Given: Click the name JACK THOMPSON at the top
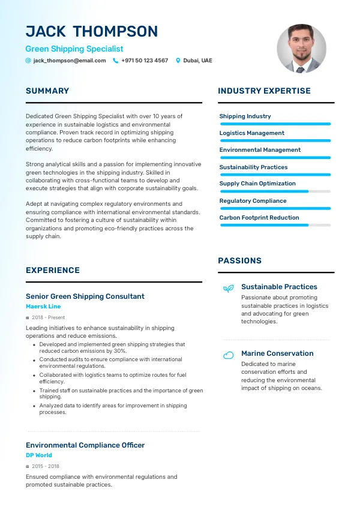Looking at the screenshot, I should tap(92, 32).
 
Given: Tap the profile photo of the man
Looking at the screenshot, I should tap(301, 49).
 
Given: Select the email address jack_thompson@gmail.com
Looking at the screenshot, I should tap(70, 61).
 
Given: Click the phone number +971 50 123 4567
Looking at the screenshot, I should tap(145, 61).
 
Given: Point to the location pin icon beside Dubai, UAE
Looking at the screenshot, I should tap(178, 61).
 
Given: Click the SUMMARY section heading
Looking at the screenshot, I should tap(47, 91).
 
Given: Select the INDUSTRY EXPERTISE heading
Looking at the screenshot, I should tap(264, 91).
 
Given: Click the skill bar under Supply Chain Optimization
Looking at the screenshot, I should tap(275, 191).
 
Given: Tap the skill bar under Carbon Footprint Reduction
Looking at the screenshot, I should tap(275, 225).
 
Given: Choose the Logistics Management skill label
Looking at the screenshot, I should tap(252, 133).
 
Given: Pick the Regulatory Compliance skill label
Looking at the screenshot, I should tap(253, 201).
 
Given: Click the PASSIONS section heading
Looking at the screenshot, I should tap(239, 261).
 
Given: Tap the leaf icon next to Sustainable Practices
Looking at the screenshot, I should tap(228, 289).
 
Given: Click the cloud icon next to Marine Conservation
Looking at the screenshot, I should tap(228, 355).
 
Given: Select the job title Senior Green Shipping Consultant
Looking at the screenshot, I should tap(85, 296).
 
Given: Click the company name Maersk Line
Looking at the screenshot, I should tap(43, 307).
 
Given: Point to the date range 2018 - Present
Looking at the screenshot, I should tap(48, 317).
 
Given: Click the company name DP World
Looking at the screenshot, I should tap(39, 455).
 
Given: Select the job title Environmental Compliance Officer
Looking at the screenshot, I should tap(85, 445).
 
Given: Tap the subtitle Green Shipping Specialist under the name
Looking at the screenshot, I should tap(74, 49).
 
